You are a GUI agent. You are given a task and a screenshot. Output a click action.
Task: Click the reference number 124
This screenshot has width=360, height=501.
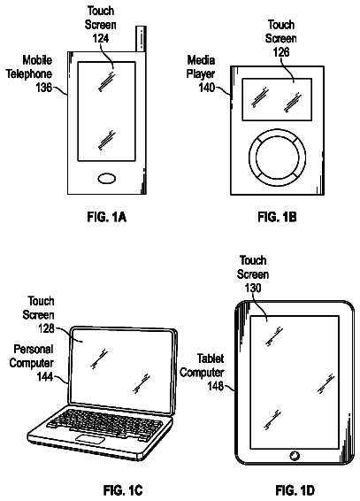tap(101, 38)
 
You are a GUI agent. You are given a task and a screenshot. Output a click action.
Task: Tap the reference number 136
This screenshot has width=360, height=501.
tap(43, 88)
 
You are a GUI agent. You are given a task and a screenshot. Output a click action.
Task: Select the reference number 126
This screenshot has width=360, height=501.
tap(281, 51)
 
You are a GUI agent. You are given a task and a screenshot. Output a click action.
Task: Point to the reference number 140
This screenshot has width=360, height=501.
tap(207, 88)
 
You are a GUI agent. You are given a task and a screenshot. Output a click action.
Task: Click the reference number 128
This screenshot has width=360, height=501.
tap(46, 328)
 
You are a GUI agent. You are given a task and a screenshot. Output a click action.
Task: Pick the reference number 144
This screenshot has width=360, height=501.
tap(45, 377)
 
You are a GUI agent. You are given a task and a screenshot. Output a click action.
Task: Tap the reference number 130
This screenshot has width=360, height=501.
tap(253, 289)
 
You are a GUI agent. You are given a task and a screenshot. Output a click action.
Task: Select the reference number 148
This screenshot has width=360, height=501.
tap(216, 386)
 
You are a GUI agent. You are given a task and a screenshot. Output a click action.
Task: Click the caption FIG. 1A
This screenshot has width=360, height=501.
tap(107, 217)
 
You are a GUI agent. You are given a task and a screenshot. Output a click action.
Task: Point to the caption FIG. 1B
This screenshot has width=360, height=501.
tap(277, 217)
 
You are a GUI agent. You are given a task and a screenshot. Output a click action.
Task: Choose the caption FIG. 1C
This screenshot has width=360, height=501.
tap(123, 489)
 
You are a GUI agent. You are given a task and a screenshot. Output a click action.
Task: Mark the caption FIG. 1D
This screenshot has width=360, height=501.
tap(295, 489)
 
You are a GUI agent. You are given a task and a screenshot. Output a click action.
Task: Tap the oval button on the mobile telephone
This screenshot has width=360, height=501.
tap(107, 179)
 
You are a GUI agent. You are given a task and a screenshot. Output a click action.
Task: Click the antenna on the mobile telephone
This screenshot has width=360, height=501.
tap(141, 38)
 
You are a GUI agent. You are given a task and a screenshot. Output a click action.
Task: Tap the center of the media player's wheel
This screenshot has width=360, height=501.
tap(277, 158)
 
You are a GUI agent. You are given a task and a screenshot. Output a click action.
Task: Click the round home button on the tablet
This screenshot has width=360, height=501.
tap(295, 456)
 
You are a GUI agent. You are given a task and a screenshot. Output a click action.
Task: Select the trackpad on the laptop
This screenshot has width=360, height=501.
tap(90, 439)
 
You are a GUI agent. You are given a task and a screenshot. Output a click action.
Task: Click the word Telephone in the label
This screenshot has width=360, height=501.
tap(29, 73)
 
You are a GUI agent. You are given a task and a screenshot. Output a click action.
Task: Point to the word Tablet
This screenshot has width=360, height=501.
tap(211, 358)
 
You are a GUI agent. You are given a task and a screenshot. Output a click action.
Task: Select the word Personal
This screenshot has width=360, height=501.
tap(34, 349)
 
